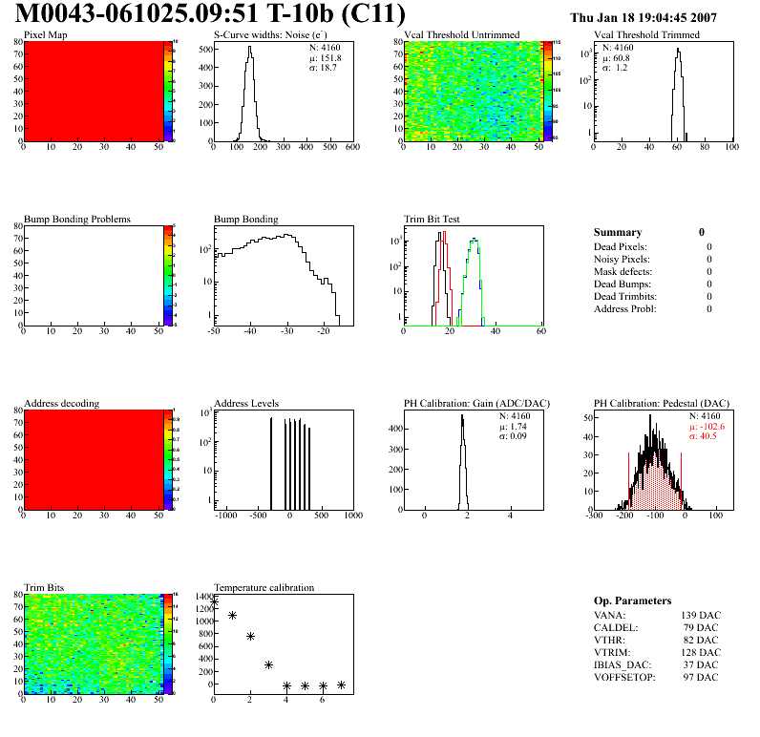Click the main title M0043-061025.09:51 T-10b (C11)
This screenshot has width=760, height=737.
click(210, 15)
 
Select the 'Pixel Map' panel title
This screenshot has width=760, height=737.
click(45, 35)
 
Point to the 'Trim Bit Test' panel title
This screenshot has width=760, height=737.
click(432, 220)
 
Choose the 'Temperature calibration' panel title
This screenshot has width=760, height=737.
click(264, 587)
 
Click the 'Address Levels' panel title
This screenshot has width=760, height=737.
click(246, 404)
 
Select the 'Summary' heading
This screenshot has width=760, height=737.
click(618, 232)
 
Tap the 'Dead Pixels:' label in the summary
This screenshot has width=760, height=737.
click(622, 246)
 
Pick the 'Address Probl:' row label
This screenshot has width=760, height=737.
click(625, 308)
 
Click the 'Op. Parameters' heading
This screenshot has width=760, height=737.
click(632, 600)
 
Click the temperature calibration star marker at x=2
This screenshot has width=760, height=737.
click(250, 636)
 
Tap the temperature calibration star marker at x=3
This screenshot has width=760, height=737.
click(268, 664)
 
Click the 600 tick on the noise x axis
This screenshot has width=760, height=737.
click(351, 148)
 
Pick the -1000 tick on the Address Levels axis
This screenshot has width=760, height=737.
click(226, 516)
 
